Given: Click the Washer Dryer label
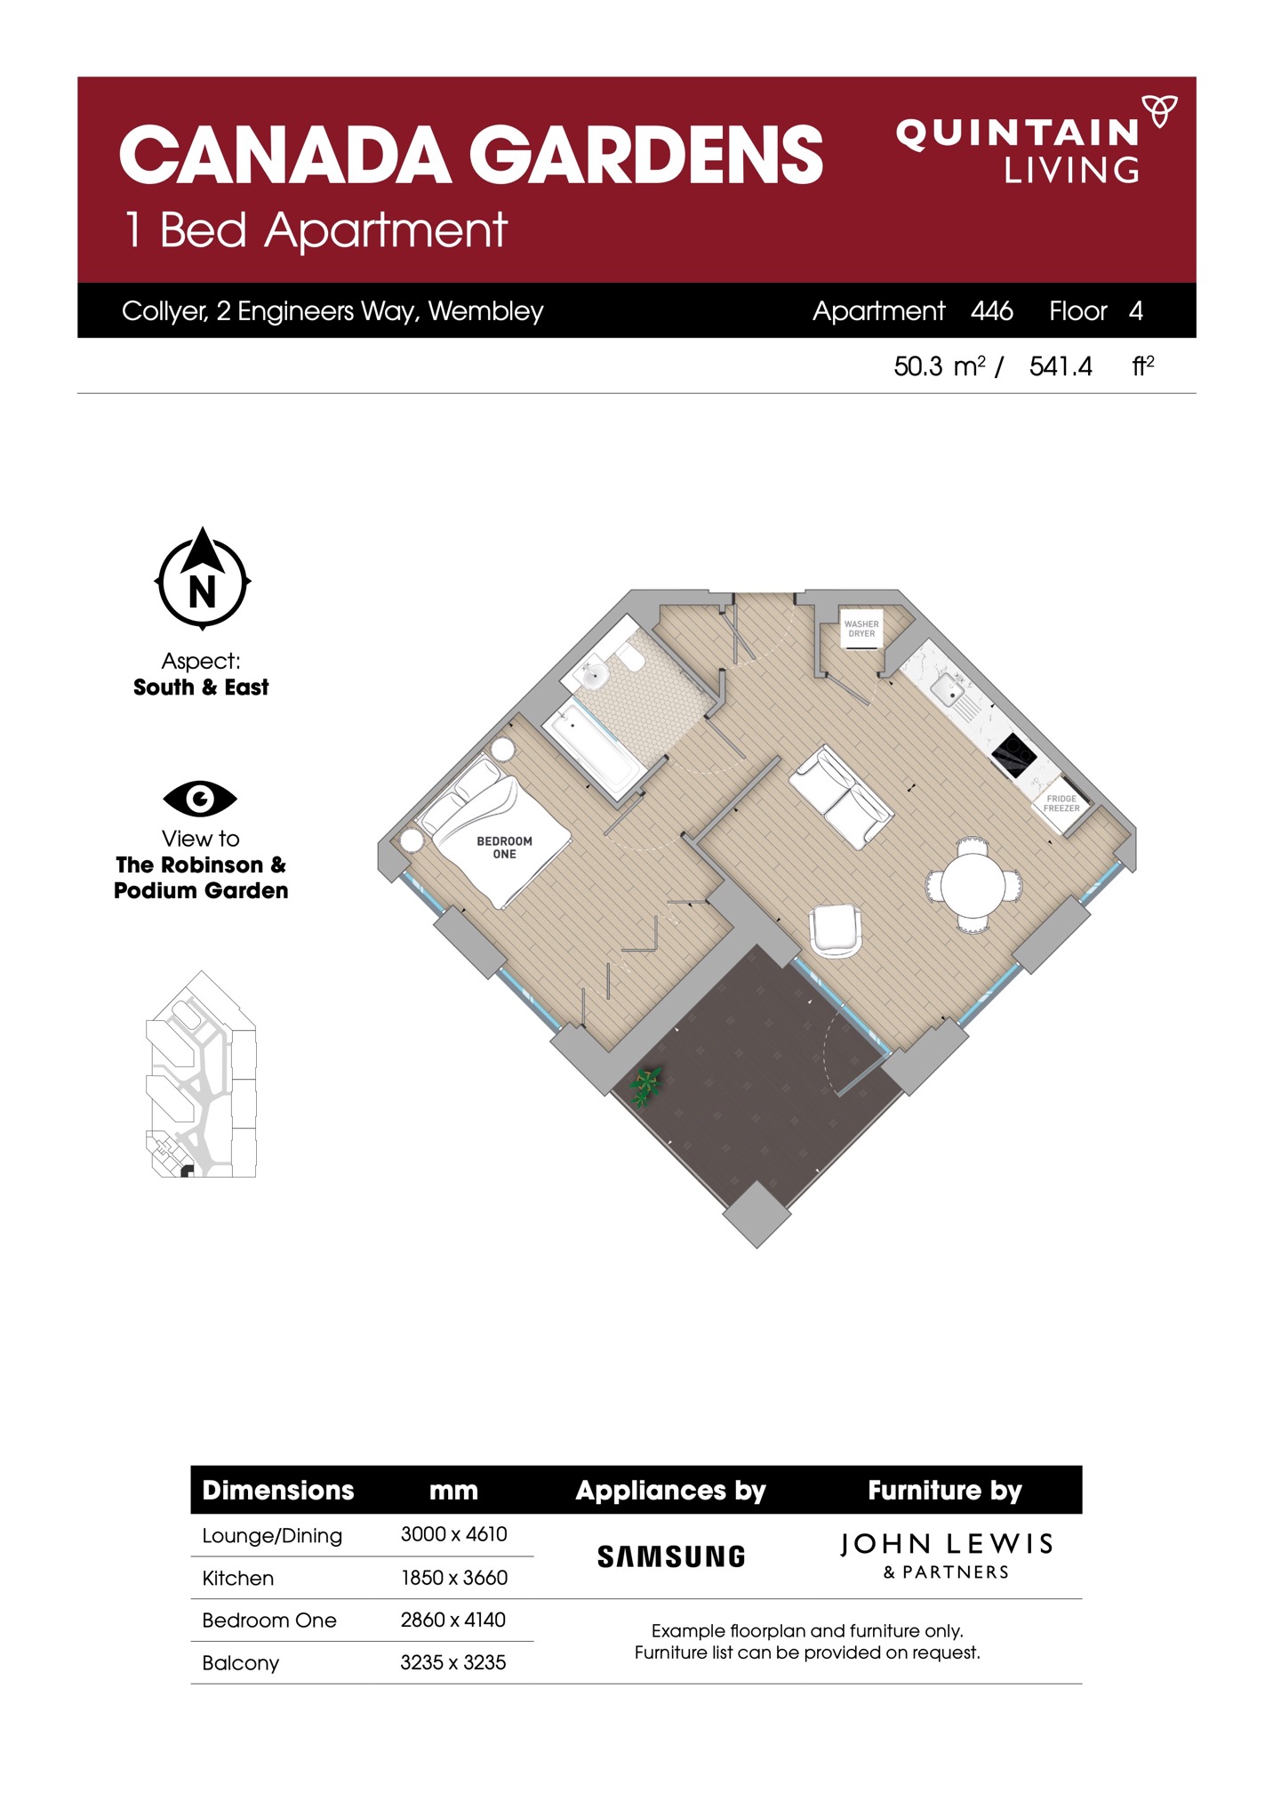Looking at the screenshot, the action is pyautogui.click(x=861, y=629).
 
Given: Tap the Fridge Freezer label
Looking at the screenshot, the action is pyautogui.click(x=1061, y=803).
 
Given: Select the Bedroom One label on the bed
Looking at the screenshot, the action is pyautogui.click(x=504, y=848).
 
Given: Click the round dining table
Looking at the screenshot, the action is pyautogui.click(x=973, y=885).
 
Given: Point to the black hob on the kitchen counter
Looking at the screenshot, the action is pyautogui.click(x=1014, y=756).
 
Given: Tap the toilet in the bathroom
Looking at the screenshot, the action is pyautogui.click(x=631, y=659).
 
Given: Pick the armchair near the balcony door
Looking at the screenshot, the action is pyautogui.click(x=836, y=930).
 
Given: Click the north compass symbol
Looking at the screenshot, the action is pyautogui.click(x=203, y=578).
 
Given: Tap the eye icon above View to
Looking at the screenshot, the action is pyautogui.click(x=200, y=799).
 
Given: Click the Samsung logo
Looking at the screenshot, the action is pyautogui.click(x=671, y=1556).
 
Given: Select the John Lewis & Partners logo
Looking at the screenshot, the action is pyautogui.click(x=947, y=1555).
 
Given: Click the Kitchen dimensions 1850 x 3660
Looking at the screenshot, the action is pyautogui.click(x=454, y=1578).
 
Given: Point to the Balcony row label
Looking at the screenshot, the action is pyautogui.click(x=241, y=1663).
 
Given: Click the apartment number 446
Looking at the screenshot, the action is pyautogui.click(x=992, y=310).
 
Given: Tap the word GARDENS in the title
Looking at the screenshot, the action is pyautogui.click(x=646, y=155).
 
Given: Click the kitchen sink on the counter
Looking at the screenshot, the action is pyautogui.click(x=948, y=688).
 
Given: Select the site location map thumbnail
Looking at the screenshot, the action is pyautogui.click(x=201, y=1074).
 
